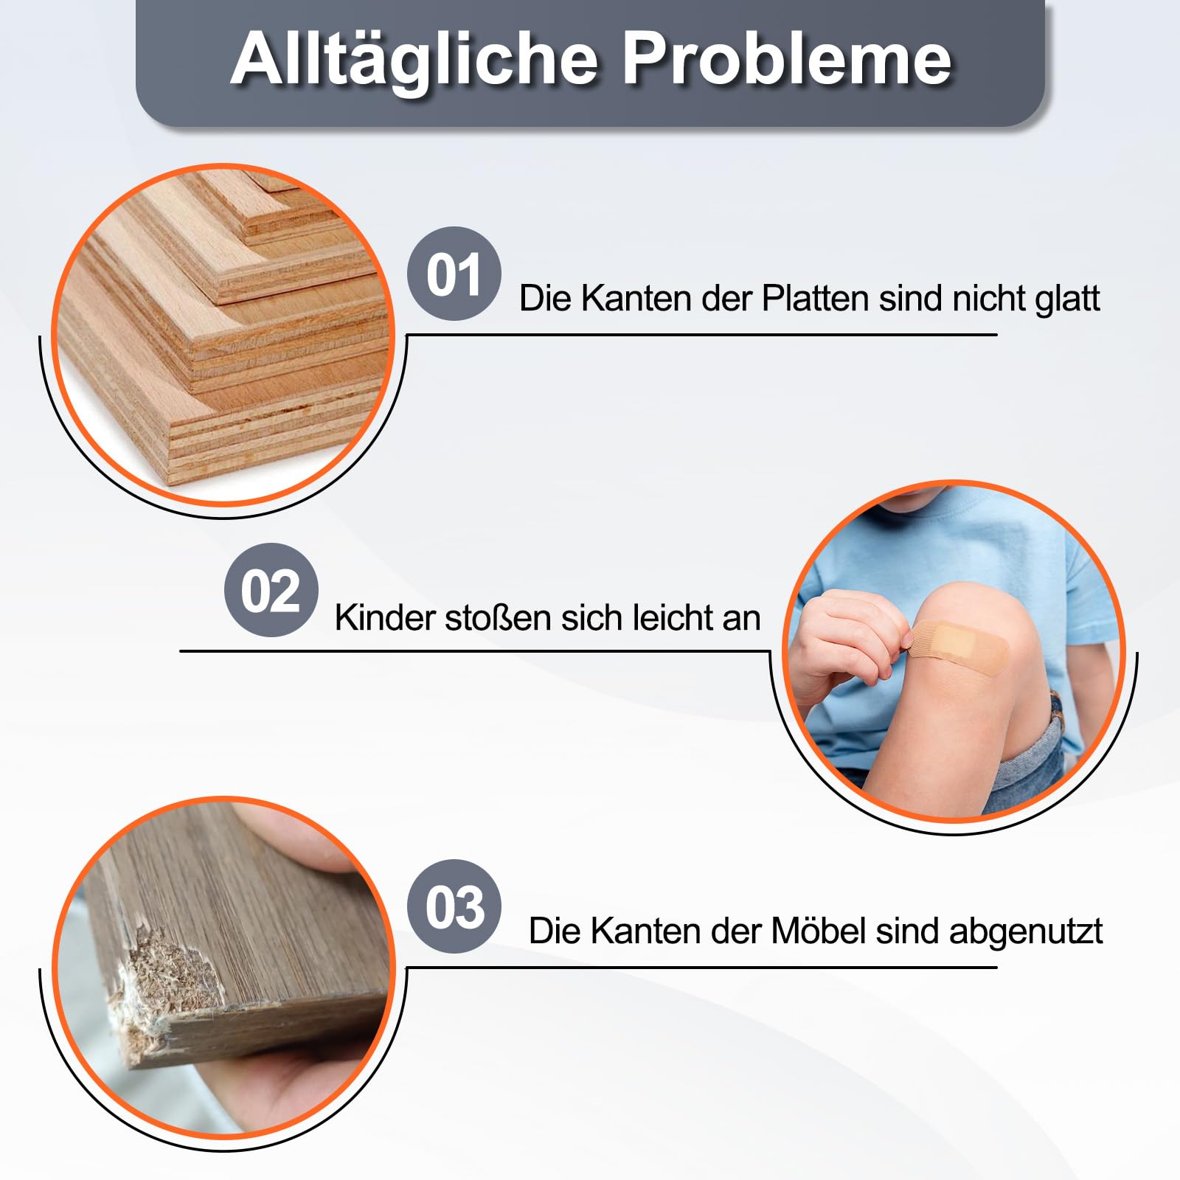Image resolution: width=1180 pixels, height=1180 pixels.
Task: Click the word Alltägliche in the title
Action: pos(414,60)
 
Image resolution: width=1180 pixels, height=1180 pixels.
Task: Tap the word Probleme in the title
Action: pos(787,60)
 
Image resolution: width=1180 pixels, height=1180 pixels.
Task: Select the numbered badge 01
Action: pos(454,274)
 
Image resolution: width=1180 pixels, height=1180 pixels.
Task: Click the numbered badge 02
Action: pos(271,591)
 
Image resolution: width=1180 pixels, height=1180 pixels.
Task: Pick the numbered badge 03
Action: pos(454,906)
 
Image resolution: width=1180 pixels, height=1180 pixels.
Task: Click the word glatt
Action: pos(1067,299)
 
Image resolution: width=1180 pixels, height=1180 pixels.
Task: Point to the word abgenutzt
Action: pos(1026,932)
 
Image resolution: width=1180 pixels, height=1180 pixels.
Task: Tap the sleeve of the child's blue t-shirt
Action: pos(1080,583)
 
